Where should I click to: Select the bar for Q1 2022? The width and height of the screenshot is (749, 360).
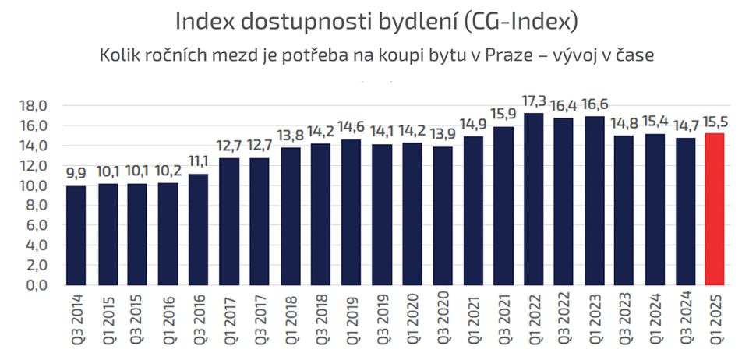533,199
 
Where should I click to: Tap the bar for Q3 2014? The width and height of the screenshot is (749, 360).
77,235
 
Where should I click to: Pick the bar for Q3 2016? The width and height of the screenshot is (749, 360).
199,230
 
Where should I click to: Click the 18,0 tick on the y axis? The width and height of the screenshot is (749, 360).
37,106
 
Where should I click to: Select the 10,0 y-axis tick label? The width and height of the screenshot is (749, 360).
37,185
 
